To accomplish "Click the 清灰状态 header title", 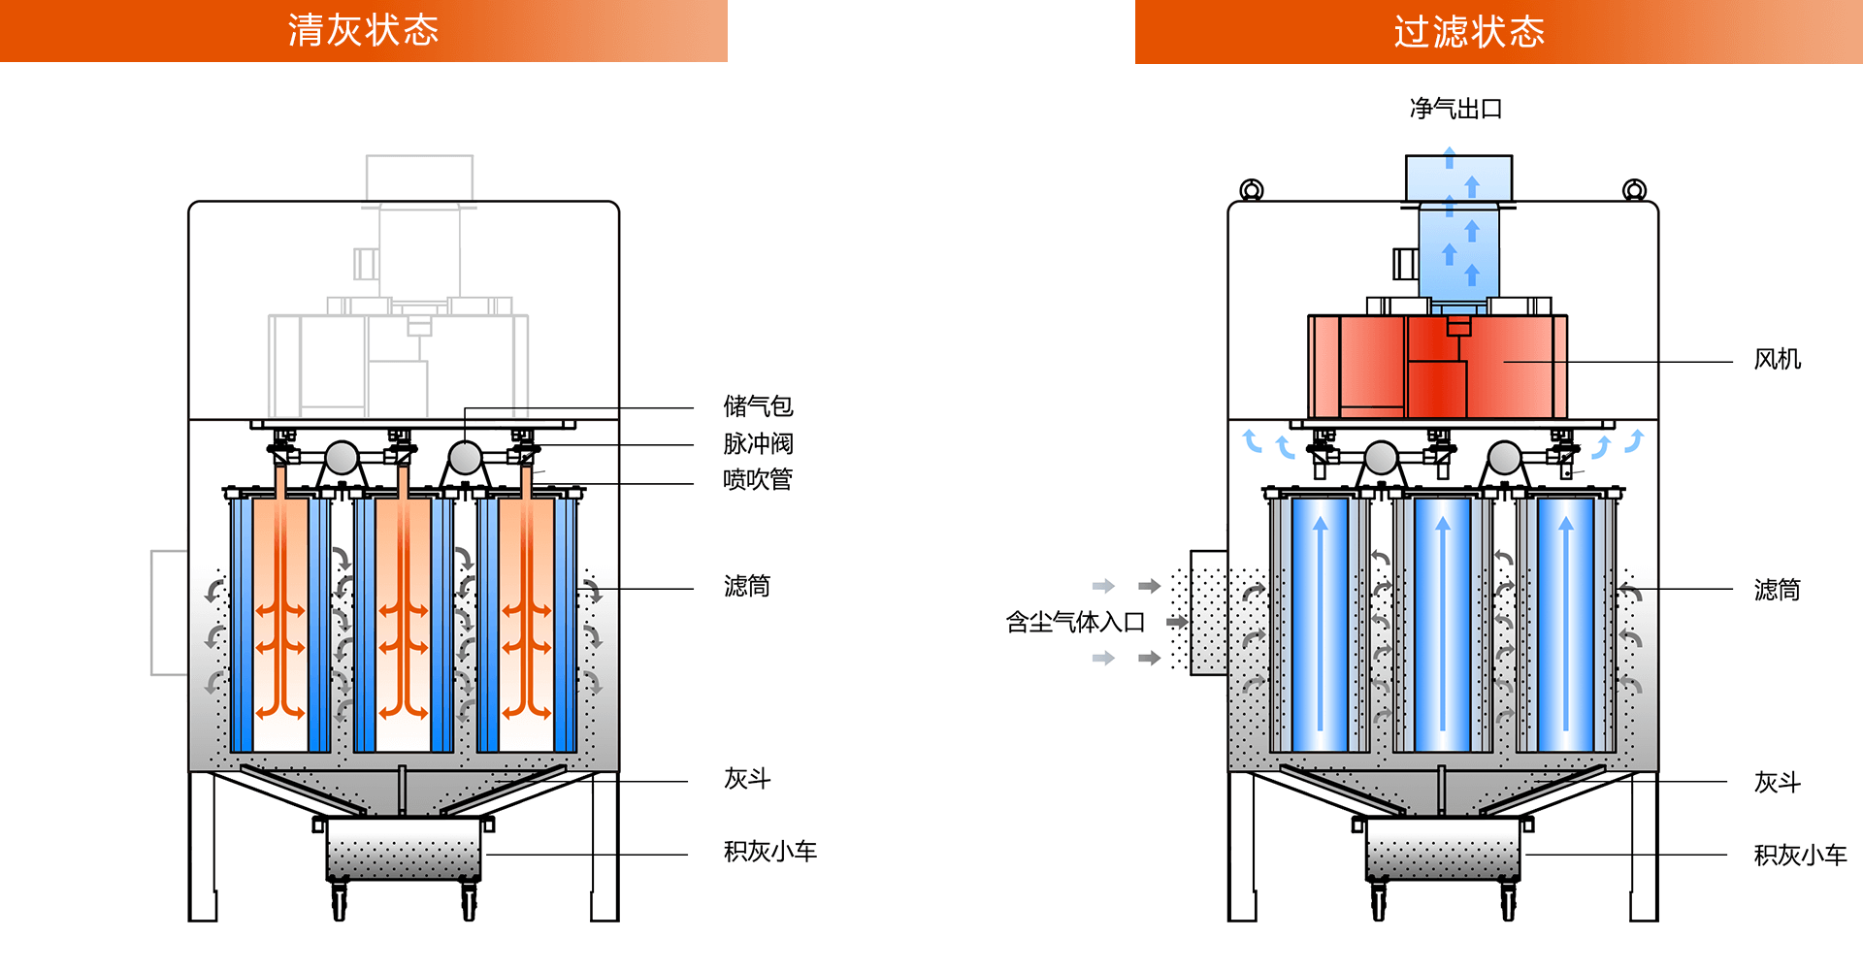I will (363, 31).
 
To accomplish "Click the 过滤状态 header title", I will (1469, 32).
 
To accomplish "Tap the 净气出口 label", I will (1455, 109).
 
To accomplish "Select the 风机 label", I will (1777, 360).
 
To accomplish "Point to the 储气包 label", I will (758, 406).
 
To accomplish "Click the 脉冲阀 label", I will (758, 444).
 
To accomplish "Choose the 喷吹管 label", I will (758, 480).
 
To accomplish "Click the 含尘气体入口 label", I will (1075, 622).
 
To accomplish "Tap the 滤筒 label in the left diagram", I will (746, 586).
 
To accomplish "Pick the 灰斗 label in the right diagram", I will (1777, 782).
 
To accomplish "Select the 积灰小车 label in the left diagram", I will (770, 852).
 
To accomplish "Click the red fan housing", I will (1437, 367).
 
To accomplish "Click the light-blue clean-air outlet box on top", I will (1458, 178).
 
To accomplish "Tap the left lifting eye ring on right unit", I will (1252, 189).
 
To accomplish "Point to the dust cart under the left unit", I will (404, 848).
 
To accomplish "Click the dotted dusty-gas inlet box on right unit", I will (1208, 613).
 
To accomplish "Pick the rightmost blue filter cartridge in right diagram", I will (1565, 625).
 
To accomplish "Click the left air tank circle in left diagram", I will (342, 458).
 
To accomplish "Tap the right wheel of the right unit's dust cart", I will (1508, 901).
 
